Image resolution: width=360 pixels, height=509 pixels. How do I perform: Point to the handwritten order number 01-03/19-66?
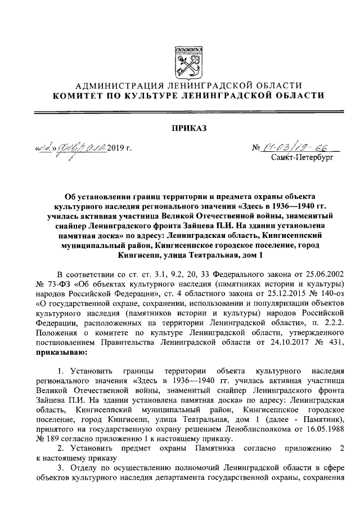click(296, 148)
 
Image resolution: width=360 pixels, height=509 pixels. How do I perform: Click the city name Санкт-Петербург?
click(302, 159)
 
